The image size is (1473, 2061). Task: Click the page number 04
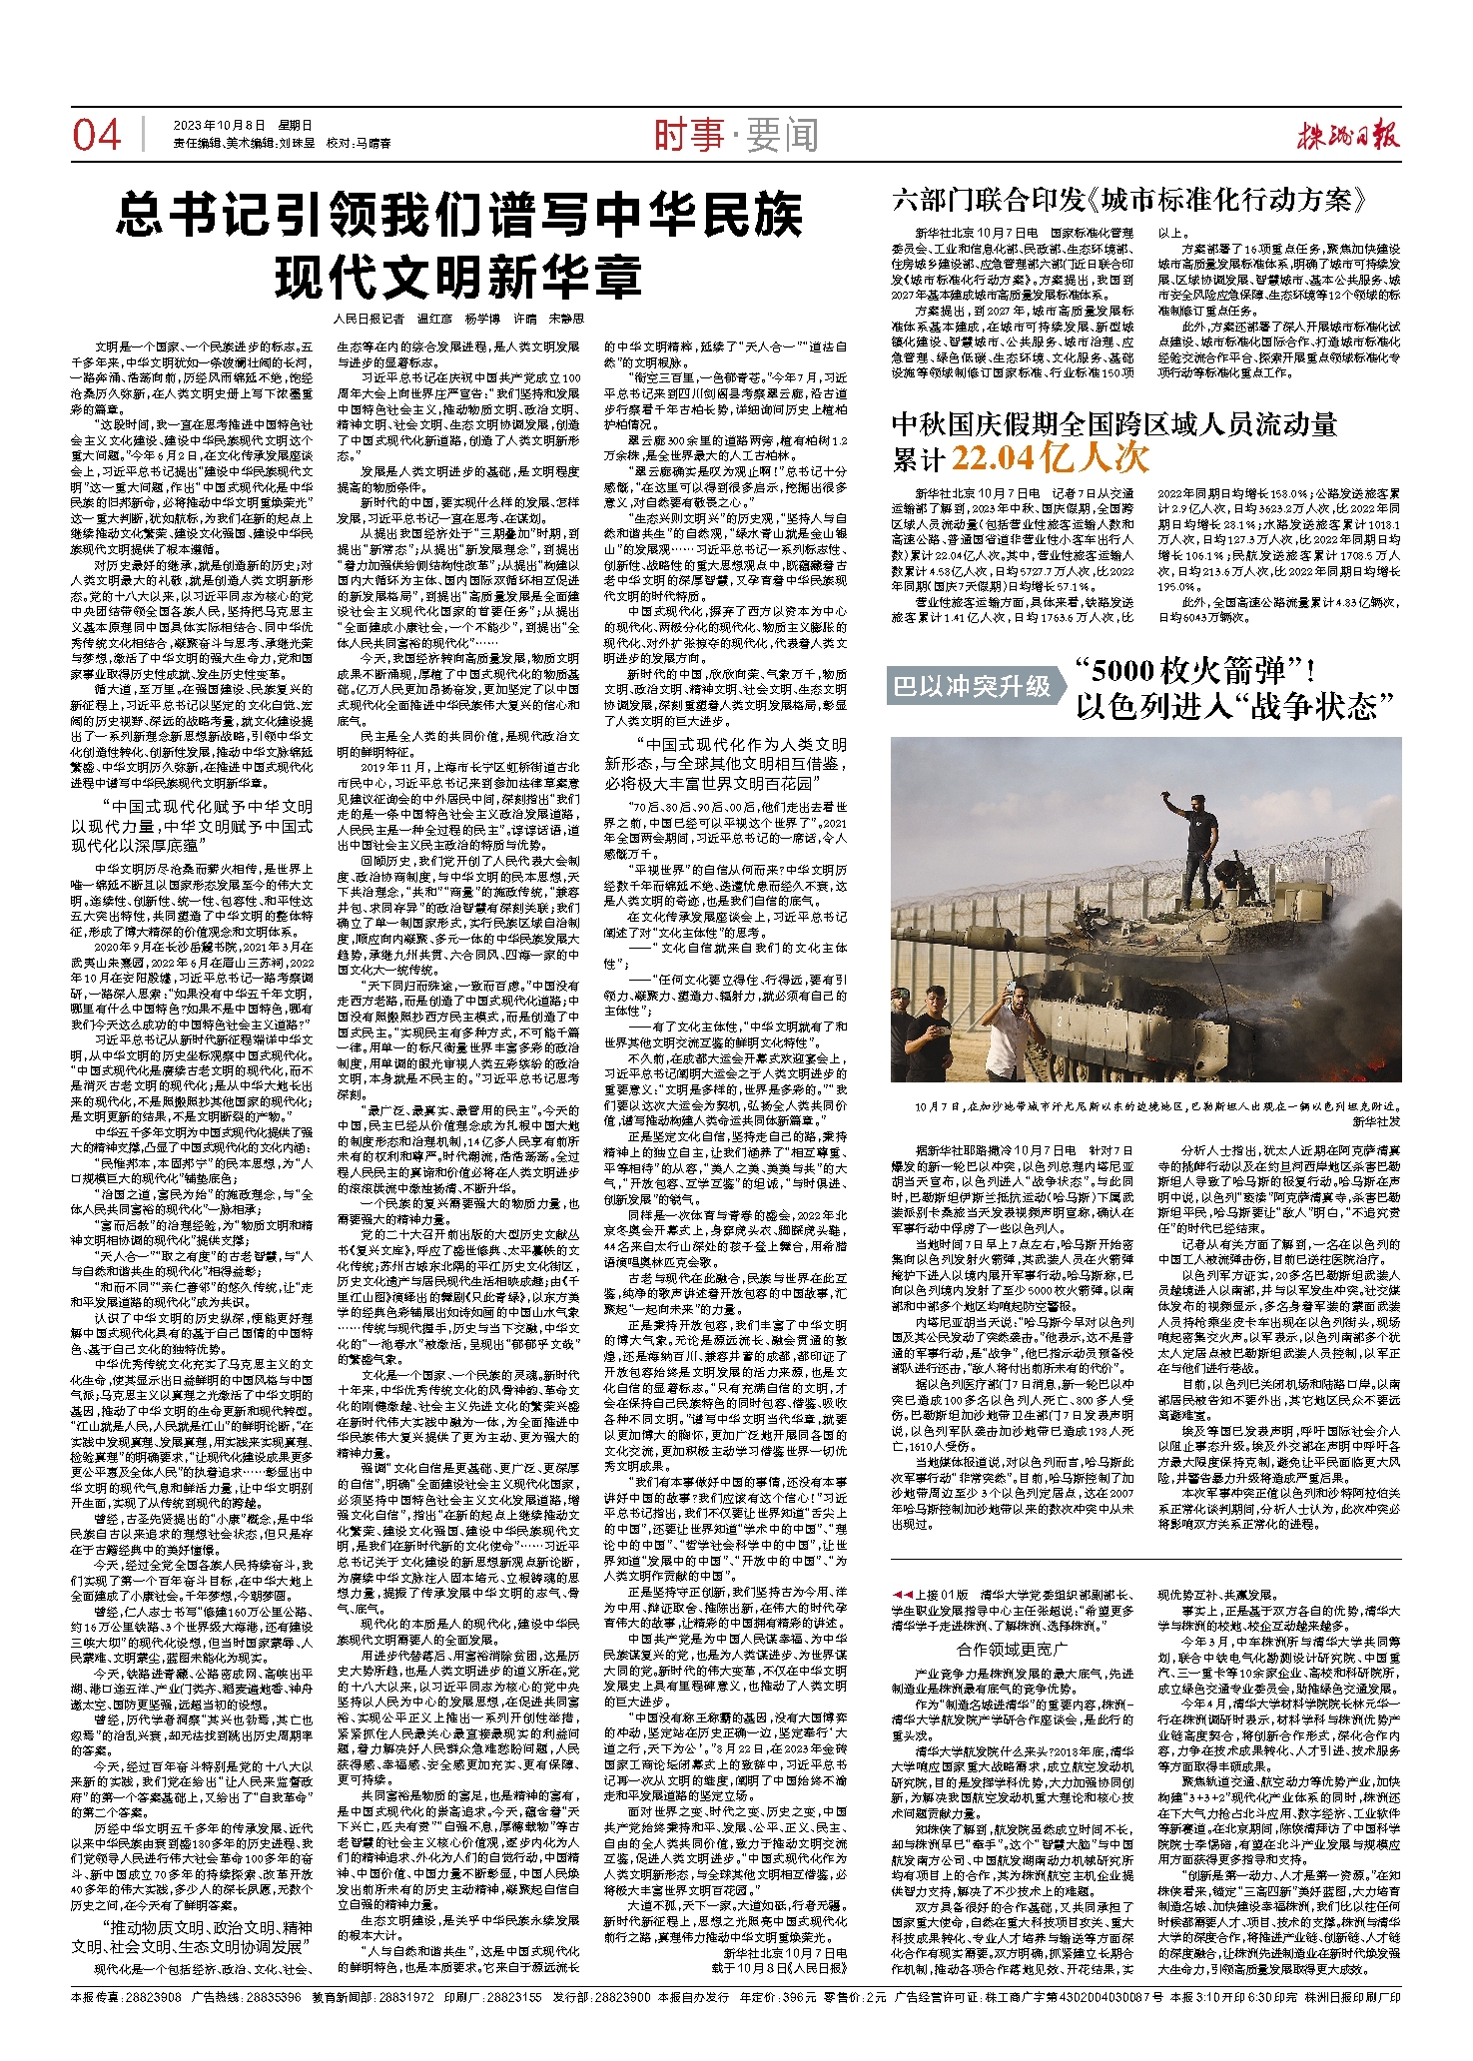pyautogui.click(x=96, y=135)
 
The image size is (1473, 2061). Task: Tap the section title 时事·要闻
pyautogui.click(x=736, y=135)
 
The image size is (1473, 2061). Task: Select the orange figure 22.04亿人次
pyautogui.click(x=1050, y=457)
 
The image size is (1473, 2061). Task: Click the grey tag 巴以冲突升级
pyautogui.click(x=973, y=686)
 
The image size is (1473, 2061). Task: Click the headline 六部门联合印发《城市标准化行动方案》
pyautogui.click(x=1127, y=200)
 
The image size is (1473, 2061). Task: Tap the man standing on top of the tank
pyautogui.click(x=1195, y=839)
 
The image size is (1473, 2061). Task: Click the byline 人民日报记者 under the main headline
pyautogui.click(x=370, y=319)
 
